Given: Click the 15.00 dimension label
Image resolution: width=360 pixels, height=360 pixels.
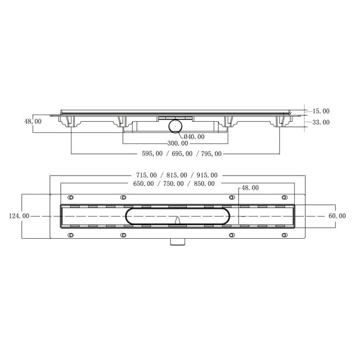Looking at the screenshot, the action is pos(321,111).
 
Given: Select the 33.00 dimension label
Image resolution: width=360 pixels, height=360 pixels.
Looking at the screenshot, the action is pos(321,122).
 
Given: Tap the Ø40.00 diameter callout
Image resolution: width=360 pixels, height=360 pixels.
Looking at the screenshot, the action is pos(194,137).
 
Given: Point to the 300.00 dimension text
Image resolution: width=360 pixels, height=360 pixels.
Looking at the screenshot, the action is pos(178,143).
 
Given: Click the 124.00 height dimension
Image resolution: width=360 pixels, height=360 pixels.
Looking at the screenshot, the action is pos(19,216).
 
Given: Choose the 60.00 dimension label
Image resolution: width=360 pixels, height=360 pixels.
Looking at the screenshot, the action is pos(337,216).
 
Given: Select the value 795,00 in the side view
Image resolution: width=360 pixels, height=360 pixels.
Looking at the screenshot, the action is pos(211,153).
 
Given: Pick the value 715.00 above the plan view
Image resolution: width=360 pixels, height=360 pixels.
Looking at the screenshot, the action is pos(146,175).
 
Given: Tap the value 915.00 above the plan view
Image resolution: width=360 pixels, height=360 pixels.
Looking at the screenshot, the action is pos(207,175).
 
